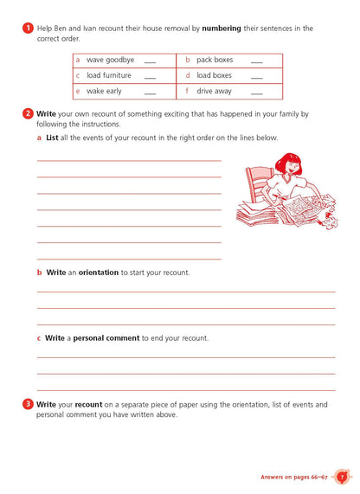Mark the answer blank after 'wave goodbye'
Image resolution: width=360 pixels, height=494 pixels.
tap(150, 61)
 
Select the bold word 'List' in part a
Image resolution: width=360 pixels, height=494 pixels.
tap(51, 138)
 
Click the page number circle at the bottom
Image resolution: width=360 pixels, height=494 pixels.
tap(341, 476)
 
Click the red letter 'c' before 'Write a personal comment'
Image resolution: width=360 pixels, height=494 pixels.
tap(39, 338)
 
